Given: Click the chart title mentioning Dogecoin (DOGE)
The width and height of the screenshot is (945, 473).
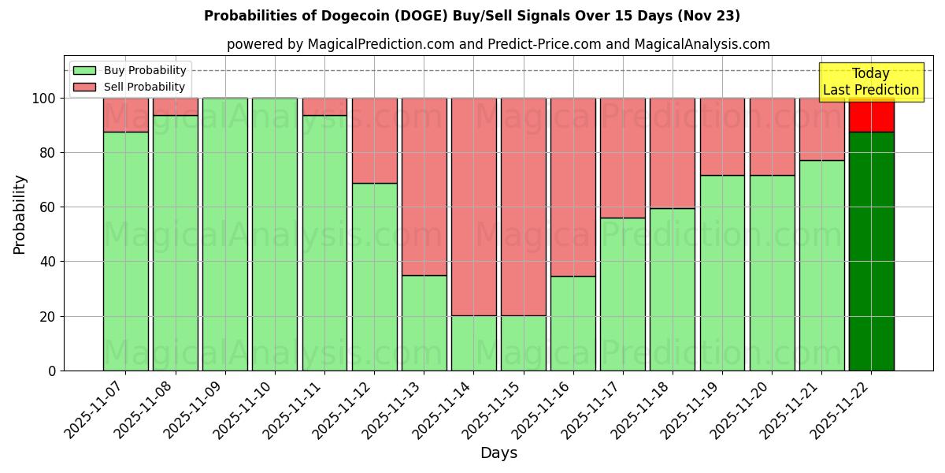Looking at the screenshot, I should (472, 16).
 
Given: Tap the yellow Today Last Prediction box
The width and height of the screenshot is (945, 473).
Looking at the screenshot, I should (870, 82).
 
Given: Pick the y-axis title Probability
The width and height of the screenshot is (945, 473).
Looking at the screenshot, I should (20, 214).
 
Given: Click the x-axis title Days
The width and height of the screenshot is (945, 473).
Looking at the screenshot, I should (498, 453).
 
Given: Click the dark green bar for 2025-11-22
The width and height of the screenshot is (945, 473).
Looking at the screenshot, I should (871, 252).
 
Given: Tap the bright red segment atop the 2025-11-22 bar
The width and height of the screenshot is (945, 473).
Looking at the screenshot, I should (871, 115).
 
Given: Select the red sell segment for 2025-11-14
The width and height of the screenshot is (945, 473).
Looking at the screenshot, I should (474, 205).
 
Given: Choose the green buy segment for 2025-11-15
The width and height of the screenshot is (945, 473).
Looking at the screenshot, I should (524, 343).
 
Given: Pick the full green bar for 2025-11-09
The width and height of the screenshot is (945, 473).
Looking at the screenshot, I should (225, 234).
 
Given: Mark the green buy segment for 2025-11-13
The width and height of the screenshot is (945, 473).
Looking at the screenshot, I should (424, 323).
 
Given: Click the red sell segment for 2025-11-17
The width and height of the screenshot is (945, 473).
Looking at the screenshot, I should (623, 158).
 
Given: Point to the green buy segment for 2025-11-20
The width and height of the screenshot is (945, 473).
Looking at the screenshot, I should (772, 273).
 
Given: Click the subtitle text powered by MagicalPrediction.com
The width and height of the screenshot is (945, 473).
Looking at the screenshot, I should (498, 44).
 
